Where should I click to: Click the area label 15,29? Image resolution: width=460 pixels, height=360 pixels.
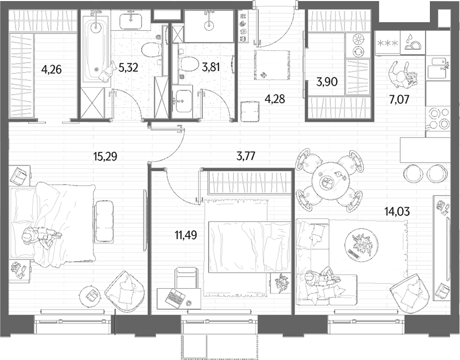pyautogui.click(x=105, y=156)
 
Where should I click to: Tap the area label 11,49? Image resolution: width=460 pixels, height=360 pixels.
pyautogui.click(x=185, y=235)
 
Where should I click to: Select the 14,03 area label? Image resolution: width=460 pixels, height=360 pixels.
pyautogui.click(x=398, y=211)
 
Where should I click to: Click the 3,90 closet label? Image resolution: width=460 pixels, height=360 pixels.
pyautogui.click(x=327, y=81)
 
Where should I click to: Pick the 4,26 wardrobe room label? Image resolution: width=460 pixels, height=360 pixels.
pyautogui.click(x=52, y=70)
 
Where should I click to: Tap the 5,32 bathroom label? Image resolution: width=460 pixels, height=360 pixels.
pyautogui.click(x=128, y=68)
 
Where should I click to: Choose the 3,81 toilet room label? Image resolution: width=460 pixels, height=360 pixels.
pyautogui.click(x=211, y=67)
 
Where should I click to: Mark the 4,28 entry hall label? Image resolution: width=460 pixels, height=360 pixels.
pyautogui.click(x=275, y=99)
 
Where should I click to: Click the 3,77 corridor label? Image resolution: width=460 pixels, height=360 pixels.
pyautogui.click(x=246, y=156)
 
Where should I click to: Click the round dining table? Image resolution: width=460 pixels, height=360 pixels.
pyautogui.click(x=329, y=180)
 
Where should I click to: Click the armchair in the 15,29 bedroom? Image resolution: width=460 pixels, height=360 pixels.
pyautogui.click(x=125, y=291)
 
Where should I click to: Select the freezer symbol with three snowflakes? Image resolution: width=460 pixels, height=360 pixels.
pyautogui.click(x=388, y=43)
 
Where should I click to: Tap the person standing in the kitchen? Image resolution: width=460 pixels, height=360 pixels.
pyautogui.click(x=403, y=75)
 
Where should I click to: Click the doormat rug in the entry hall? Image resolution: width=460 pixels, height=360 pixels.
pyautogui.click(x=272, y=64)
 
